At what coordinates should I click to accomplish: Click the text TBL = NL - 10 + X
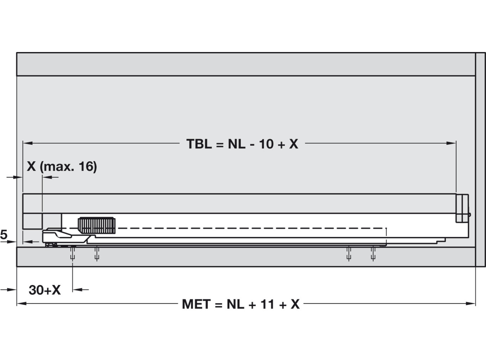pos(242,144)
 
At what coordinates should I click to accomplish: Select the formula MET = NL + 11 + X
pos(241,304)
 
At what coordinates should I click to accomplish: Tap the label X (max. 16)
pos(62,167)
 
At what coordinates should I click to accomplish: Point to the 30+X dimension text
pos(45,290)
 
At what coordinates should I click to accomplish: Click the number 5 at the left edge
pos(4,235)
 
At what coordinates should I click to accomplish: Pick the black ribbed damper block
pos(96,225)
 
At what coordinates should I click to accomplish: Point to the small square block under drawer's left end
pos(32,221)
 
